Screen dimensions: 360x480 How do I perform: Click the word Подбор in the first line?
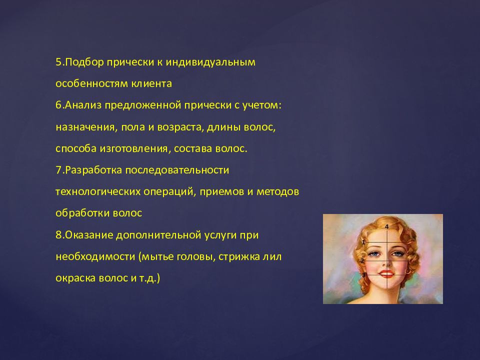point(82,62)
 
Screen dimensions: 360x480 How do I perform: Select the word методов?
point(277,191)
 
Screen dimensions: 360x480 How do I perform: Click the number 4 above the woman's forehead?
point(387,226)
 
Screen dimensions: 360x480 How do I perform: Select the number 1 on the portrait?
point(363,242)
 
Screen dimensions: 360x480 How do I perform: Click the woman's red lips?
point(387,274)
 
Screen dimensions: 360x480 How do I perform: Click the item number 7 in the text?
point(58,170)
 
